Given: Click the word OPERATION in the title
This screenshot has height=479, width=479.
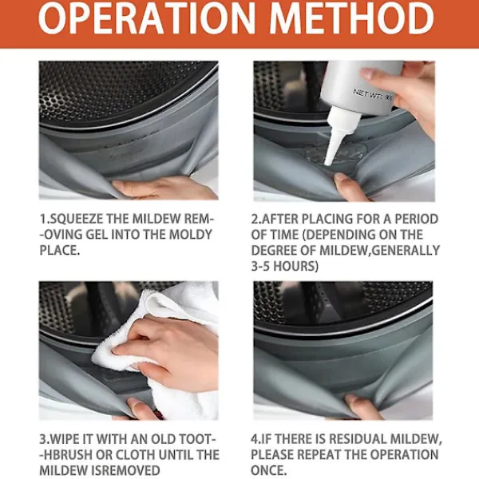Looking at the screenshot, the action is tap(146, 18).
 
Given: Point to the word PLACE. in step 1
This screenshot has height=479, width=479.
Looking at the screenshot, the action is tap(60, 250).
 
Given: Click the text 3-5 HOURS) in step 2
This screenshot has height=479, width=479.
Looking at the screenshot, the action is tap(285, 266).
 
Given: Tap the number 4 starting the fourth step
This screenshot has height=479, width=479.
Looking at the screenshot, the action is tap(255, 439).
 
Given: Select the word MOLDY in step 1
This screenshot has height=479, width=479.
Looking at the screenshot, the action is tap(190, 235).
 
